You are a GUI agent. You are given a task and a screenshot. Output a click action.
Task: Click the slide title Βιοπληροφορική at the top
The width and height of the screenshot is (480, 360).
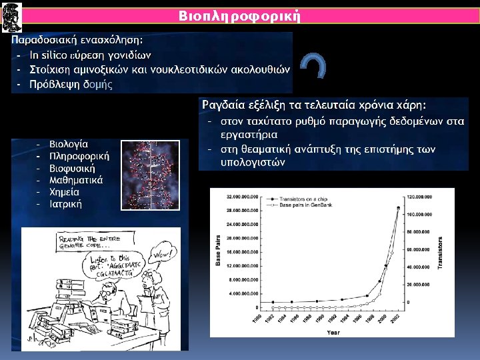point(241,15)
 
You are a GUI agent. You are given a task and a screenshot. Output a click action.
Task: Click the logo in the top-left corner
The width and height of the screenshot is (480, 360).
point(11,15)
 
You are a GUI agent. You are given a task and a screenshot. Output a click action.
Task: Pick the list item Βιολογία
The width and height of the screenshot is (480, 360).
point(69,143)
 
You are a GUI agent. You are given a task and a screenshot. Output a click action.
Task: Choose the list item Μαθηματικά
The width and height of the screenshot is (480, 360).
point(76,179)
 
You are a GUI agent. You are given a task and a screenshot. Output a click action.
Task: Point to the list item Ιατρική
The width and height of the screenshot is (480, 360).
point(66,203)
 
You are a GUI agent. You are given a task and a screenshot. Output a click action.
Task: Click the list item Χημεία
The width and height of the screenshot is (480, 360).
point(65,191)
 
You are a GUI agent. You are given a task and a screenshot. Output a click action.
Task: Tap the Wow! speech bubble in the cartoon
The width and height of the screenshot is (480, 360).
point(162,254)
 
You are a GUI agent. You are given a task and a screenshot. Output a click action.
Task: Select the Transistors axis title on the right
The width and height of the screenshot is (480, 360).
point(441,253)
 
